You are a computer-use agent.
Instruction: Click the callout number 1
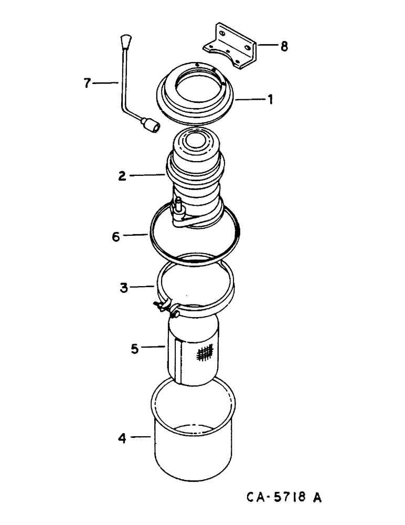(x=271, y=99)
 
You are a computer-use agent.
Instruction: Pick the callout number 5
(x=135, y=348)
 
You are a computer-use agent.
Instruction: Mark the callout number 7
(x=88, y=82)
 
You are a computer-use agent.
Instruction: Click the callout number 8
(x=284, y=46)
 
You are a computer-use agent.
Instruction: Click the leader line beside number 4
(x=139, y=436)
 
